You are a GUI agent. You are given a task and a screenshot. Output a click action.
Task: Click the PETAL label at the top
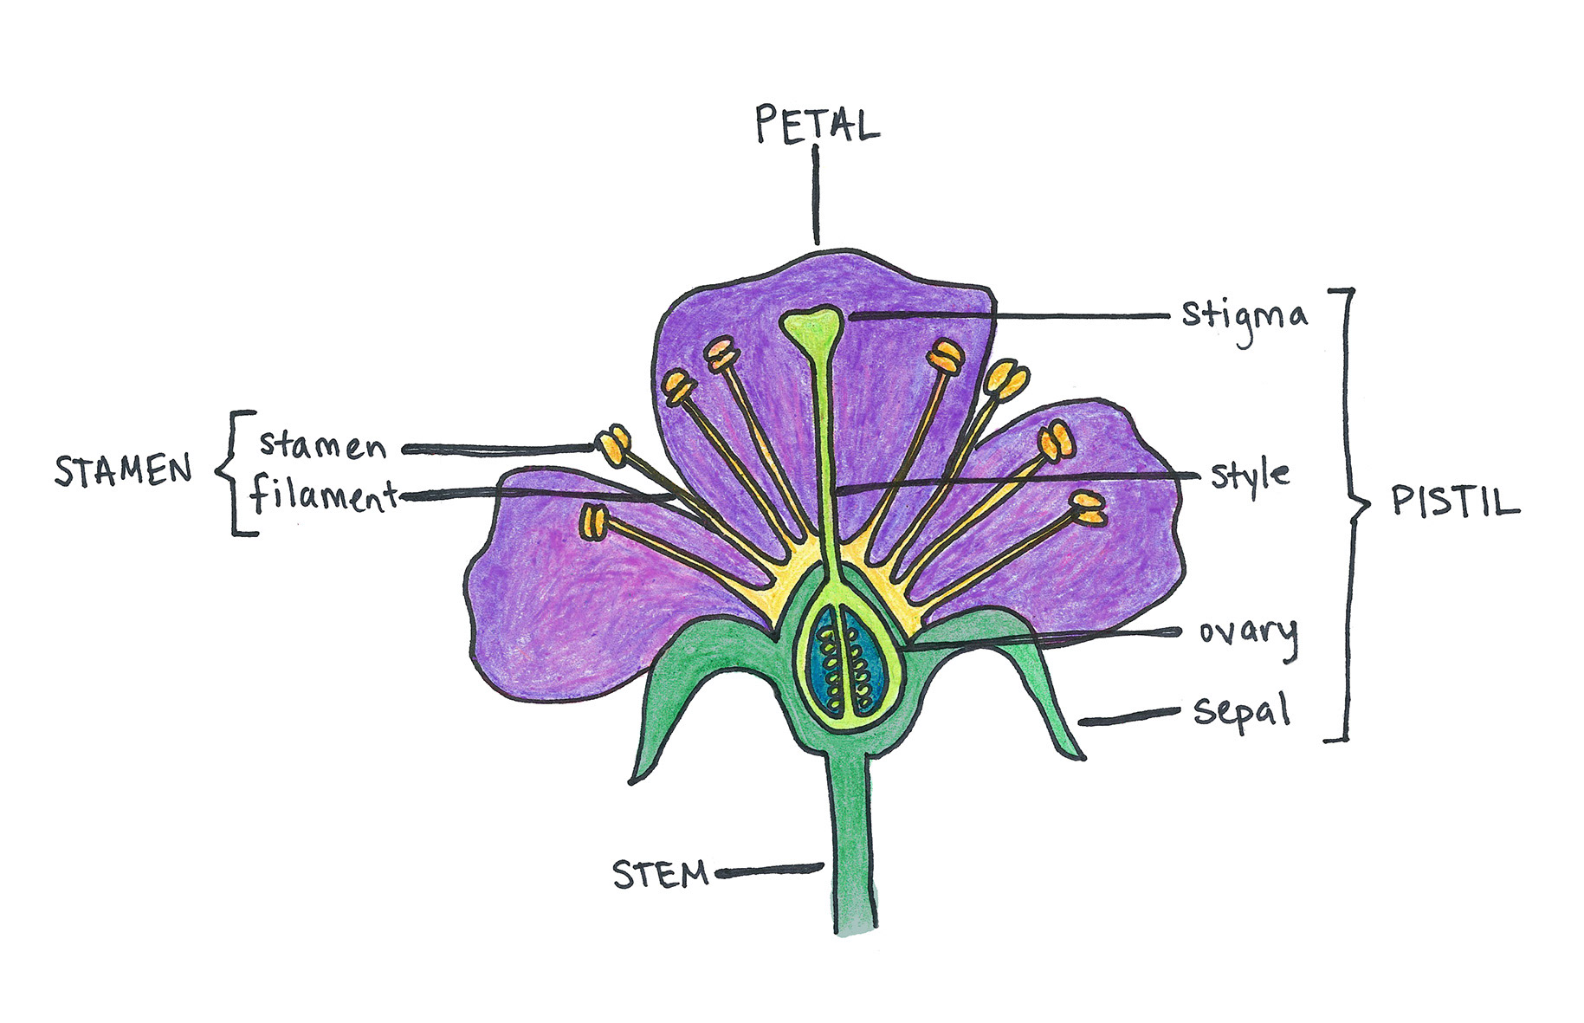(817, 124)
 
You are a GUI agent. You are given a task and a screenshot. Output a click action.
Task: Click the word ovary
(1248, 634)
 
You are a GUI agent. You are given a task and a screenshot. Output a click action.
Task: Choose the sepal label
(1242, 712)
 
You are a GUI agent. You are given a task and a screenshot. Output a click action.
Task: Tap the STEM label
(661, 874)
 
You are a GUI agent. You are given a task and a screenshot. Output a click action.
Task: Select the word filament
(323, 495)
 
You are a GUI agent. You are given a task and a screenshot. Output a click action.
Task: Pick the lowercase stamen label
(322, 445)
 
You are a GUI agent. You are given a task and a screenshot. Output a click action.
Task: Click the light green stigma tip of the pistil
(811, 327)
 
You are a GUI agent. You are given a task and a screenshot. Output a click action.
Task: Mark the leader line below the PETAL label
(816, 196)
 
